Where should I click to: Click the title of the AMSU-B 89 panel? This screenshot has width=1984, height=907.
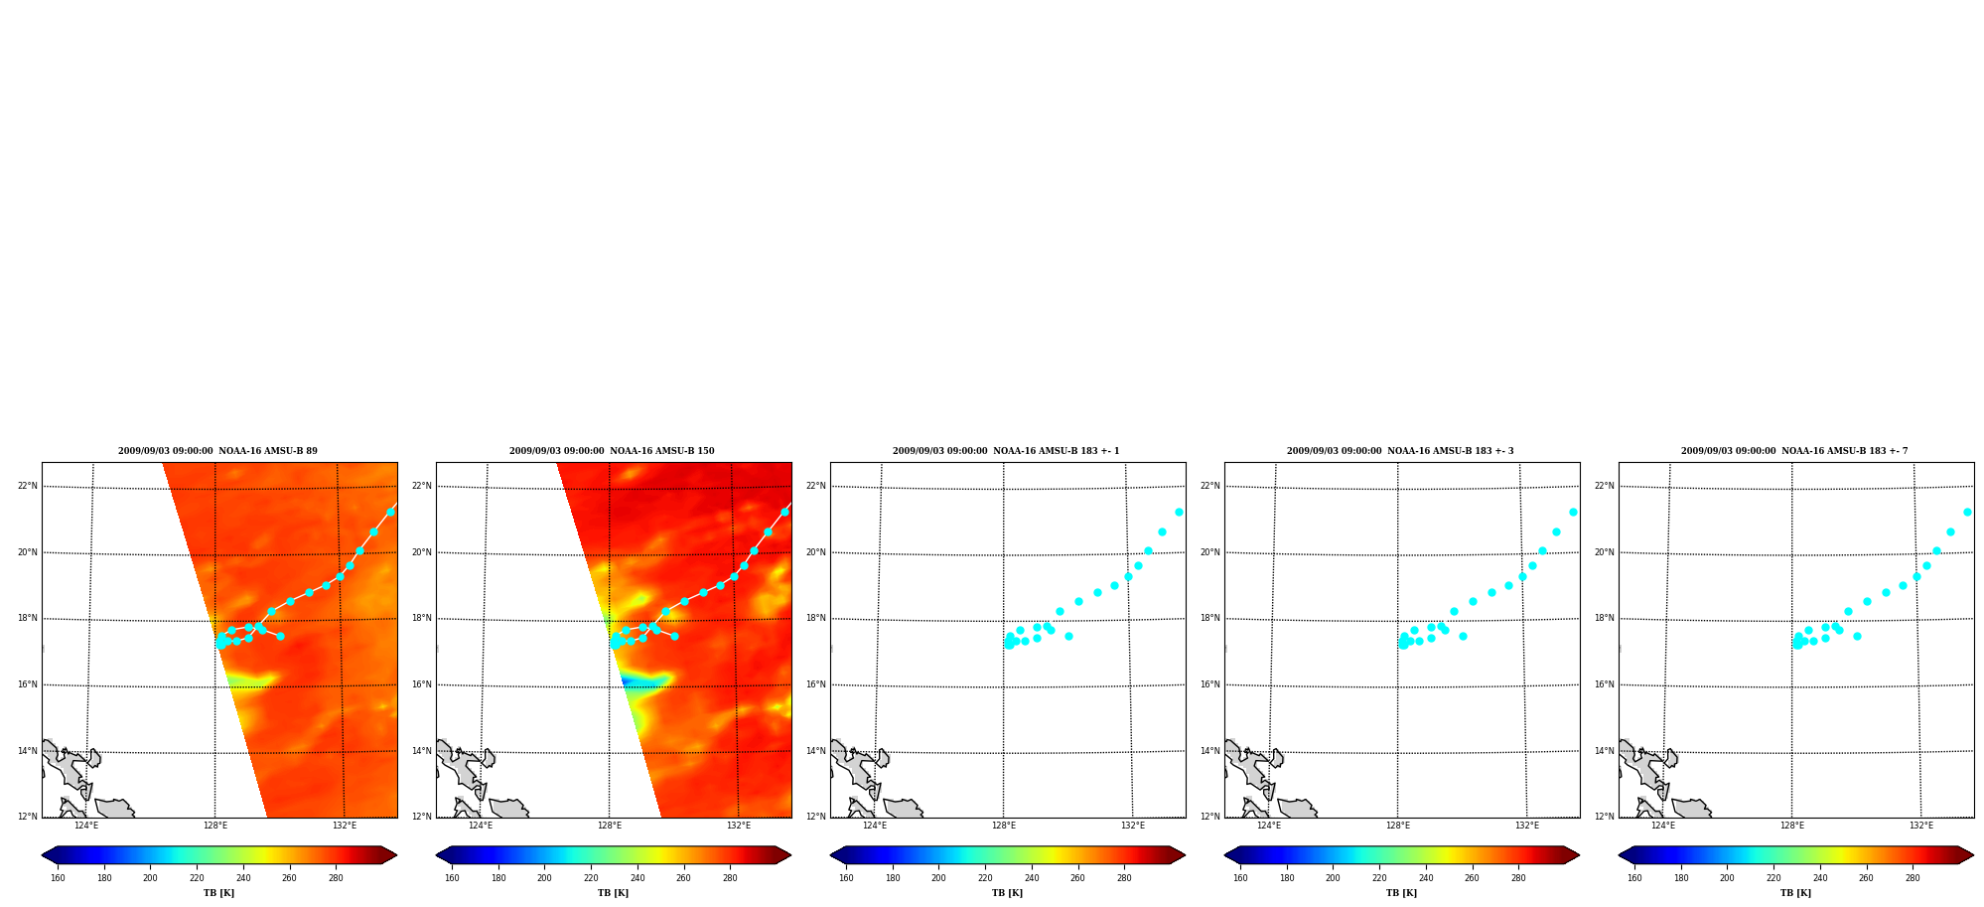(x=217, y=451)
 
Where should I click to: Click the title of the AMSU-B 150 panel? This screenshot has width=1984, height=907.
(x=612, y=451)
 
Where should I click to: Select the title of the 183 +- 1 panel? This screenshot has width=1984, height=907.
(x=1006, y=451)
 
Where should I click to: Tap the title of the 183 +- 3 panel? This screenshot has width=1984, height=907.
(x=1400, y=451)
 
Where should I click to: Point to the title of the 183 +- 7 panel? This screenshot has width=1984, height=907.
(x=1794, y=451)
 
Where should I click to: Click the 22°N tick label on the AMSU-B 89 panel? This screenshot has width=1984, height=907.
(x=28, y=486)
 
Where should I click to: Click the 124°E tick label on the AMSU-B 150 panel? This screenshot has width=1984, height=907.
(x=481, y=826)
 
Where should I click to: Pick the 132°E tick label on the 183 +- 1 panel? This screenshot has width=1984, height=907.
(x=1133, y=826)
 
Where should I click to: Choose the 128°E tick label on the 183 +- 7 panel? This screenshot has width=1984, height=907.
(x=1792, y=826)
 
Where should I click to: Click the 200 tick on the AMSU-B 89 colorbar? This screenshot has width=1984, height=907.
(x=150, y=878)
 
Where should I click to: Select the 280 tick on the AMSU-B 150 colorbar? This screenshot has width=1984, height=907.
(x=730, y=878)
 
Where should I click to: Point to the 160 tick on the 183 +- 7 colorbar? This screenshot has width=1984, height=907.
(x=1634, y=878)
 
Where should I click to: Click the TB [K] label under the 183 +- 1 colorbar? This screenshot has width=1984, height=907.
(x=1007, y=893)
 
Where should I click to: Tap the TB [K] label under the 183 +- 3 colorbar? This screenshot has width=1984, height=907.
(x=1401, y=893)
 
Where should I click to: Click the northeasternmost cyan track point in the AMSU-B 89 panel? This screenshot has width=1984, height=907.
(x=390, y=512)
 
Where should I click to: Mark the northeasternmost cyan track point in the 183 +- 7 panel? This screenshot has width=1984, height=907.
(x=1967, y=512)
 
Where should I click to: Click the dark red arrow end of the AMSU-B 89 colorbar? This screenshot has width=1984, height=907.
(x=389, y=854)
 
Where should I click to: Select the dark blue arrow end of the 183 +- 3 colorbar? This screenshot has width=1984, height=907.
(x=1232, y=854)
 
